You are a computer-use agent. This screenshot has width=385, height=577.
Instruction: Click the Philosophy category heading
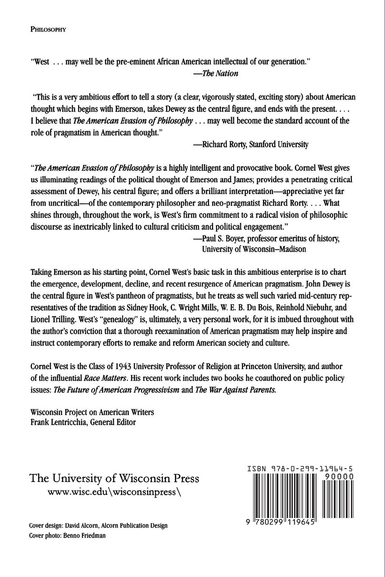(x=48, y=30)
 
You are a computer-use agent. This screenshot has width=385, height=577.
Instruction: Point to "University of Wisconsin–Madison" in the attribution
(x=254, y=249)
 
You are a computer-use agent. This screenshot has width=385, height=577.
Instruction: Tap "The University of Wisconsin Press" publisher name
(x=114, y=478)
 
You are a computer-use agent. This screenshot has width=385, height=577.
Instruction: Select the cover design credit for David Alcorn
(x=98, y=525)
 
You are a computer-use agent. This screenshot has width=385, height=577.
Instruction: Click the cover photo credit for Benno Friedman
(x=67, y=535)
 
